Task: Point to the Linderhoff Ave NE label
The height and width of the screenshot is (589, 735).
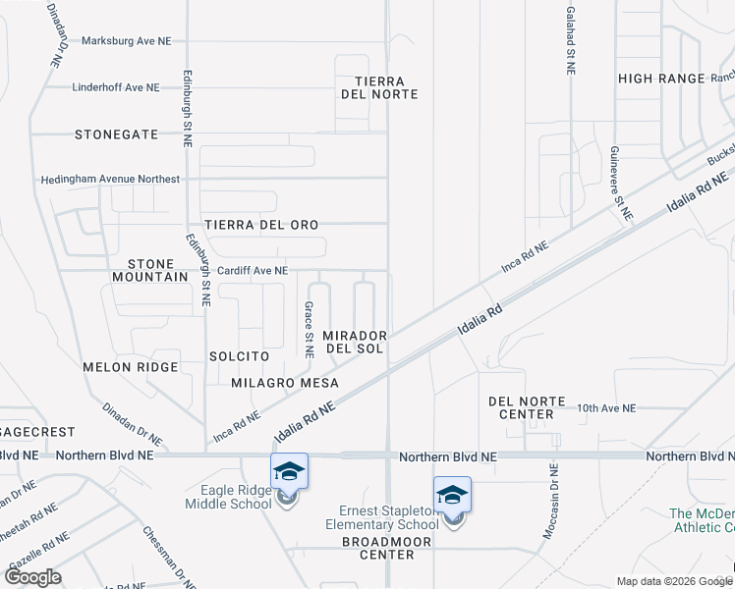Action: [x=116, y=87]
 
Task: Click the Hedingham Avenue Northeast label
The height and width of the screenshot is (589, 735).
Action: [x=110, y=180]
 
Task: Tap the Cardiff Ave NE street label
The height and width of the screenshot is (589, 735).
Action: [x=253, y=270]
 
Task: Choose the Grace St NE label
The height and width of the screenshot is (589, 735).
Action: [x=308, y=328]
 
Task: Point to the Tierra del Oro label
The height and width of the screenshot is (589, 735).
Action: [x=261, y=225]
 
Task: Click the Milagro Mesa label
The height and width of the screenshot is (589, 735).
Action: [x=285, y=383]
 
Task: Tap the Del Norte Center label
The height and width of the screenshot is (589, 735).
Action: [x=527, y=407]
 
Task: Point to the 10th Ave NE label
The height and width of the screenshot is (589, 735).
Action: [x=606, y=407]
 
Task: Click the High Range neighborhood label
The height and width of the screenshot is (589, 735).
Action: [x=661, y=79]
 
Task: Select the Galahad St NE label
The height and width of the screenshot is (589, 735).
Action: [x=570, y=40]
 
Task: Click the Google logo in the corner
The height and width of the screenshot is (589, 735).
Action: [x=33, y=577]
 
